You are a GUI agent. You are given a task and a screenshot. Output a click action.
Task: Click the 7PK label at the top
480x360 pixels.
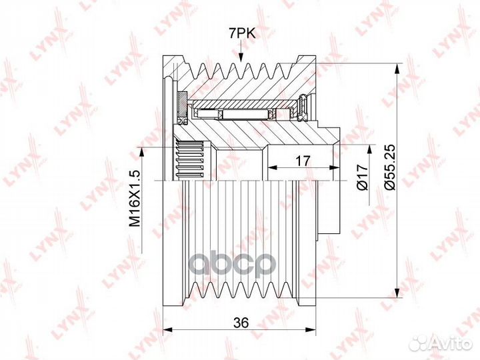242,33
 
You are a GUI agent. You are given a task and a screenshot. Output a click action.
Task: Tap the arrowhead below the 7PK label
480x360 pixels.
241,57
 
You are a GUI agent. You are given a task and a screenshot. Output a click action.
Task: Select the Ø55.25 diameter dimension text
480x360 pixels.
391,167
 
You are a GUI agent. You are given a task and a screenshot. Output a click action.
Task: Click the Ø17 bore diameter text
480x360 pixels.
363,177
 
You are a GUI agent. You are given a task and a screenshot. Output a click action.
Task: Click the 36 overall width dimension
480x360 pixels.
241,323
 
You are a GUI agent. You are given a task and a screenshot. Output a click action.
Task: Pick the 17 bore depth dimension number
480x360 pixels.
303,161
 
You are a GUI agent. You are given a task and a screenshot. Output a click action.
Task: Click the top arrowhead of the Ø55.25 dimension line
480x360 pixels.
397,69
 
